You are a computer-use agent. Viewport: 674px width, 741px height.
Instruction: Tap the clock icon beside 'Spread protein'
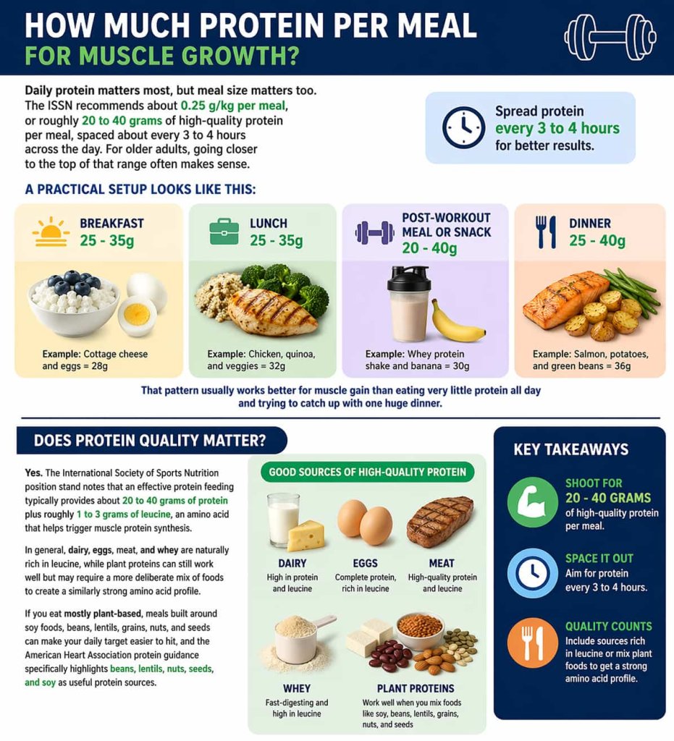pyautogui.click(x=463, y=127)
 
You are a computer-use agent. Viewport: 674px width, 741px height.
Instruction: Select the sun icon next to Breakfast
pyautogui.click(x=51, y=233)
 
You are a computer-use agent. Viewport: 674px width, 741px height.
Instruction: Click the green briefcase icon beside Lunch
pyautogui.click(x=224, y=232)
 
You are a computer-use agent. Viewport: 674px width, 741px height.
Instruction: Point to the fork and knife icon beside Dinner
pyautogui.click(x=546, y=232)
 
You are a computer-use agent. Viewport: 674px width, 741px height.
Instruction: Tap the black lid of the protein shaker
pyautogui.click(x=409, y=279)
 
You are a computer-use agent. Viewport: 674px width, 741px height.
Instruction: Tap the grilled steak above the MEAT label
pyautogui.click(x=439, y=522)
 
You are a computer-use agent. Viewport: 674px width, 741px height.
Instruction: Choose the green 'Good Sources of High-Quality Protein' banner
pyautogui.click(x=367, y=473)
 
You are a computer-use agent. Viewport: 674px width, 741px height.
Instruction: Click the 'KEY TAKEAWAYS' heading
pyautogui.click(x=570, y=449)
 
